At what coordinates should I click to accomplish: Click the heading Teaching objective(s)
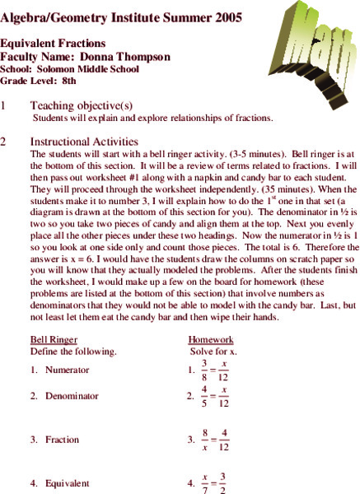coord(81,106)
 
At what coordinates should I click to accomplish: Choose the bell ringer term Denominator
coord(72,418)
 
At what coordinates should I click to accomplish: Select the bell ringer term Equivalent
coord(68,483)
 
